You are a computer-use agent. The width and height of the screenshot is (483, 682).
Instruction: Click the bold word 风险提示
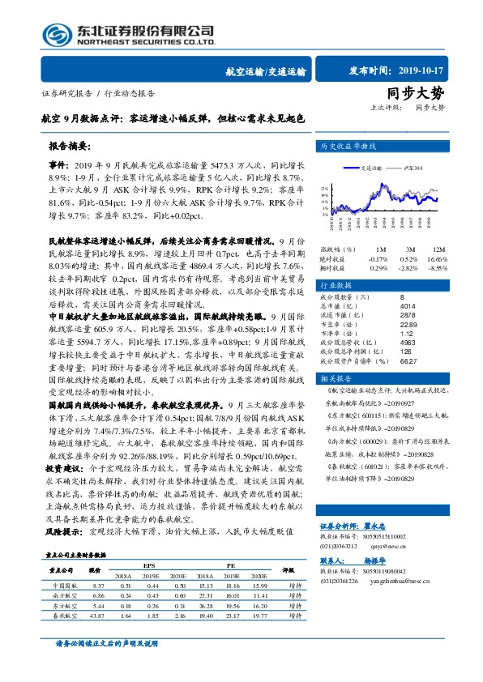coord(65,531)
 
